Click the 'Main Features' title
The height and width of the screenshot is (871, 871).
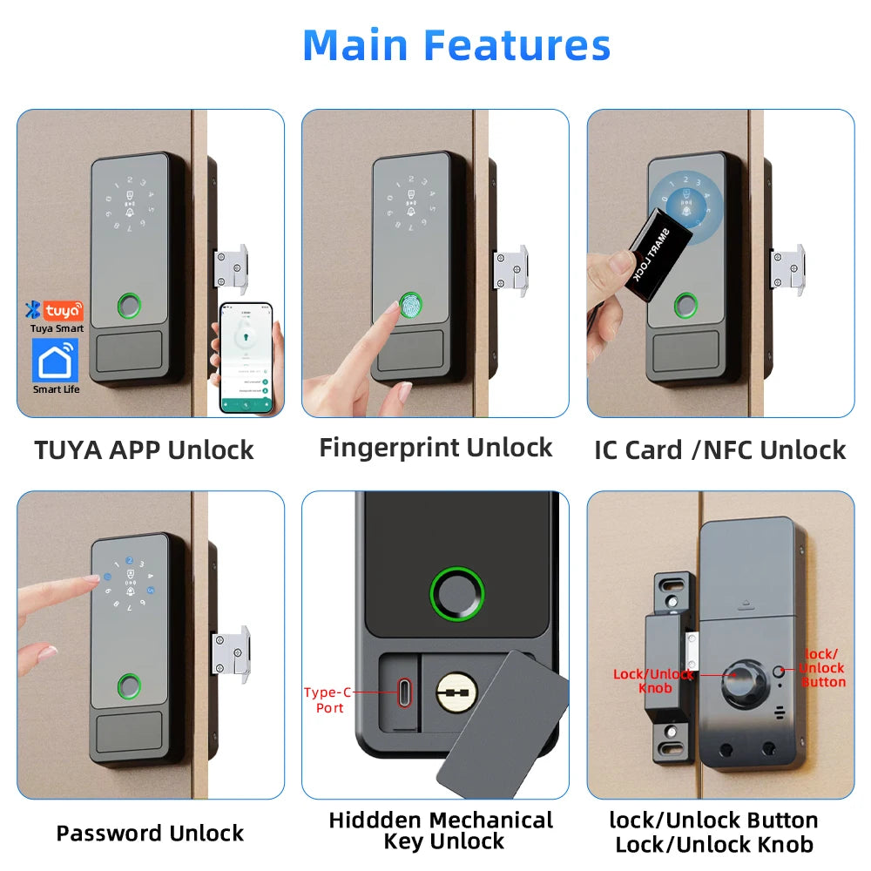456,45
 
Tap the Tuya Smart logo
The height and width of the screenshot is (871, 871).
56,310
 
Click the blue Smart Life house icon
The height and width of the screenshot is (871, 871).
56,360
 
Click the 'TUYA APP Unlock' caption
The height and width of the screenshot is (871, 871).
144,450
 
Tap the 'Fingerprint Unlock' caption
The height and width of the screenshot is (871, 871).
435,448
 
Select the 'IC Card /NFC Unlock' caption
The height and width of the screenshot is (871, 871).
719,450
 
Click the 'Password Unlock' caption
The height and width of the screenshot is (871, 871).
150,833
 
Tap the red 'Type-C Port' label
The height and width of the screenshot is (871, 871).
327,700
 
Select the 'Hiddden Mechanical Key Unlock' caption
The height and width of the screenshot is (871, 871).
441,831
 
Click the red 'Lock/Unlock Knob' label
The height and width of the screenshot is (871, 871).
653,680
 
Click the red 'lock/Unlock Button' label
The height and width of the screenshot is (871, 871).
822,668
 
